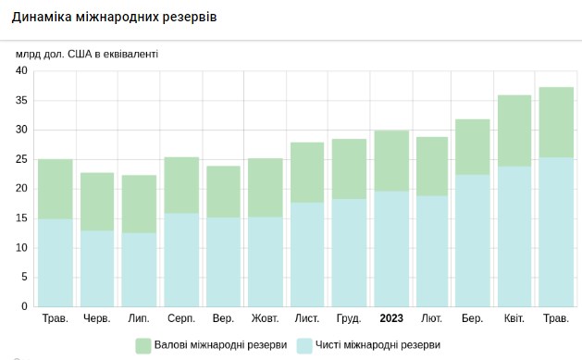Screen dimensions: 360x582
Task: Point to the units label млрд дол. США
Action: click(87, 54)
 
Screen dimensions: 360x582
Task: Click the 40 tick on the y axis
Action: click(23, 71)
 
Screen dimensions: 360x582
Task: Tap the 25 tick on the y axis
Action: click(23, 159)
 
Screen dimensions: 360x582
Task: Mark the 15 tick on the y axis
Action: click(23, 218)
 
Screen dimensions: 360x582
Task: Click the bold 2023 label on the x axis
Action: click(391, 319)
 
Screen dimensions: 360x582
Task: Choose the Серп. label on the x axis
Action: click(181, 319)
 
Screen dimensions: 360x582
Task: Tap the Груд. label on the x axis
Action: click(349, 319)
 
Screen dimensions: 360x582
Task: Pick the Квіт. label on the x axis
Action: click(513, 319)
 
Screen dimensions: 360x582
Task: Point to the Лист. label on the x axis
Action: click(307, 319)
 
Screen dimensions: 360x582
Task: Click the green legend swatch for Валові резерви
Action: click(143, 346)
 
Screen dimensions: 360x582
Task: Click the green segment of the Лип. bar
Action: click(139, 204)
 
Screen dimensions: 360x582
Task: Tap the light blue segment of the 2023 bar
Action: click(391, 248)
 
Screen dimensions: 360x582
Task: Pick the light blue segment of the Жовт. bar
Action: click(266, 261)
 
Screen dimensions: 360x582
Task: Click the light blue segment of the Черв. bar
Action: click(97, 268)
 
